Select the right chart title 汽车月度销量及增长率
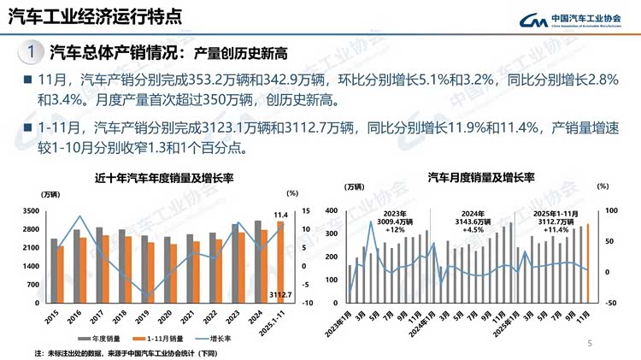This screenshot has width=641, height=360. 481,178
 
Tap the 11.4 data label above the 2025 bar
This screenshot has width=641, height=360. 279,214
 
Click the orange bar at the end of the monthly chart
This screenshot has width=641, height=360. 588,263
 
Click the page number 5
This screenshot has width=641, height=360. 589,343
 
